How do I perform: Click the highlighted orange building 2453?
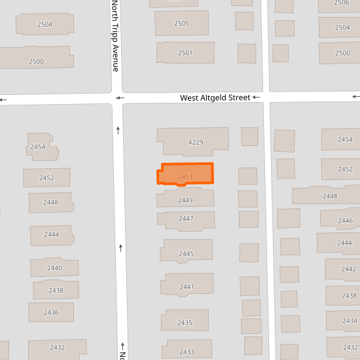click(186, 175)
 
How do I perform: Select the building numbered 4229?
click(194, 141)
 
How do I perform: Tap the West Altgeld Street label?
click(215, 98)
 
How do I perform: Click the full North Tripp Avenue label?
click(115, 36)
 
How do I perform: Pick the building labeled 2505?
click(181, 24)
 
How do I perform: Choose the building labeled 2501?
click(185, 53)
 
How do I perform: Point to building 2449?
click(185, 199)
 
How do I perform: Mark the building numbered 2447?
click(186, 219)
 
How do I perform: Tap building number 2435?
click(185, 321)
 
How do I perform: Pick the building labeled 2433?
click(187, 351)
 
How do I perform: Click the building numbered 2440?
click(54, 267)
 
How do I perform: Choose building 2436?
click(51, 312)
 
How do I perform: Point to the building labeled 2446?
click(344, 220)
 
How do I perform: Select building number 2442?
click(348, 268)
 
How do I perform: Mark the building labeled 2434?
click(350, 321)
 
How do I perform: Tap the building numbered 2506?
click(341, 3)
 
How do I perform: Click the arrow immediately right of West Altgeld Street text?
click(256, 98)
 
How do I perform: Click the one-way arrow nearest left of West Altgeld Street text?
click(119, 98)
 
